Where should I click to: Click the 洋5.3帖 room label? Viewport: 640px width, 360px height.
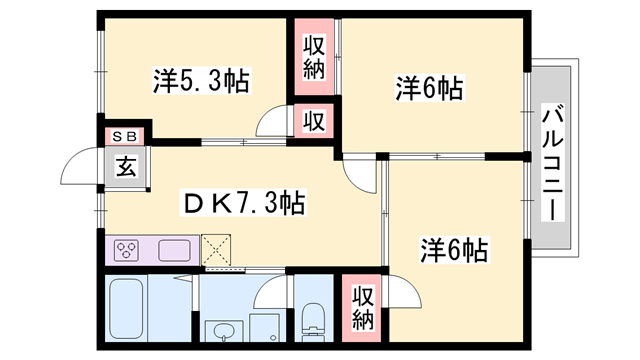(x=201, y=81)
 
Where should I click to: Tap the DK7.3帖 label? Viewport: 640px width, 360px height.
(x=243, y=203)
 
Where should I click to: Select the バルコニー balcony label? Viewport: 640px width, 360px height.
(x=553, y=162)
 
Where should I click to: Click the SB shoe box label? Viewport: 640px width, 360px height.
(x=124, y=137)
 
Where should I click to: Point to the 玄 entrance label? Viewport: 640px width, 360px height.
(x=126, y=166)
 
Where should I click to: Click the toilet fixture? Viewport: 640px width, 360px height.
(x=313, y=322)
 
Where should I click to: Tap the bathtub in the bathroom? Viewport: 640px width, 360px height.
(x=127, y=309)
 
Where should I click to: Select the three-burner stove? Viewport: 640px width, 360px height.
(x=127, y=250)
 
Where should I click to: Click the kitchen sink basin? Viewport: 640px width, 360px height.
(x=174, y=251)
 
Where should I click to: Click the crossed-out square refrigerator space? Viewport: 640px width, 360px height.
(x=216, y=249)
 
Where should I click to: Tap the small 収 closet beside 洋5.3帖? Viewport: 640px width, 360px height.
(x=314, y=121)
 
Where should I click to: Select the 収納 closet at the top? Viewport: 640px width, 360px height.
(x=314, y=57)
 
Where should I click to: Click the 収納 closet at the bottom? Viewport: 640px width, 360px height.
(x=362, y=308)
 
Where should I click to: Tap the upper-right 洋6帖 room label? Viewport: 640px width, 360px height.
(x=430, y=88)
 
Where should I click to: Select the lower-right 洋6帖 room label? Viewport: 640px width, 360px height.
(x=454, y=250)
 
